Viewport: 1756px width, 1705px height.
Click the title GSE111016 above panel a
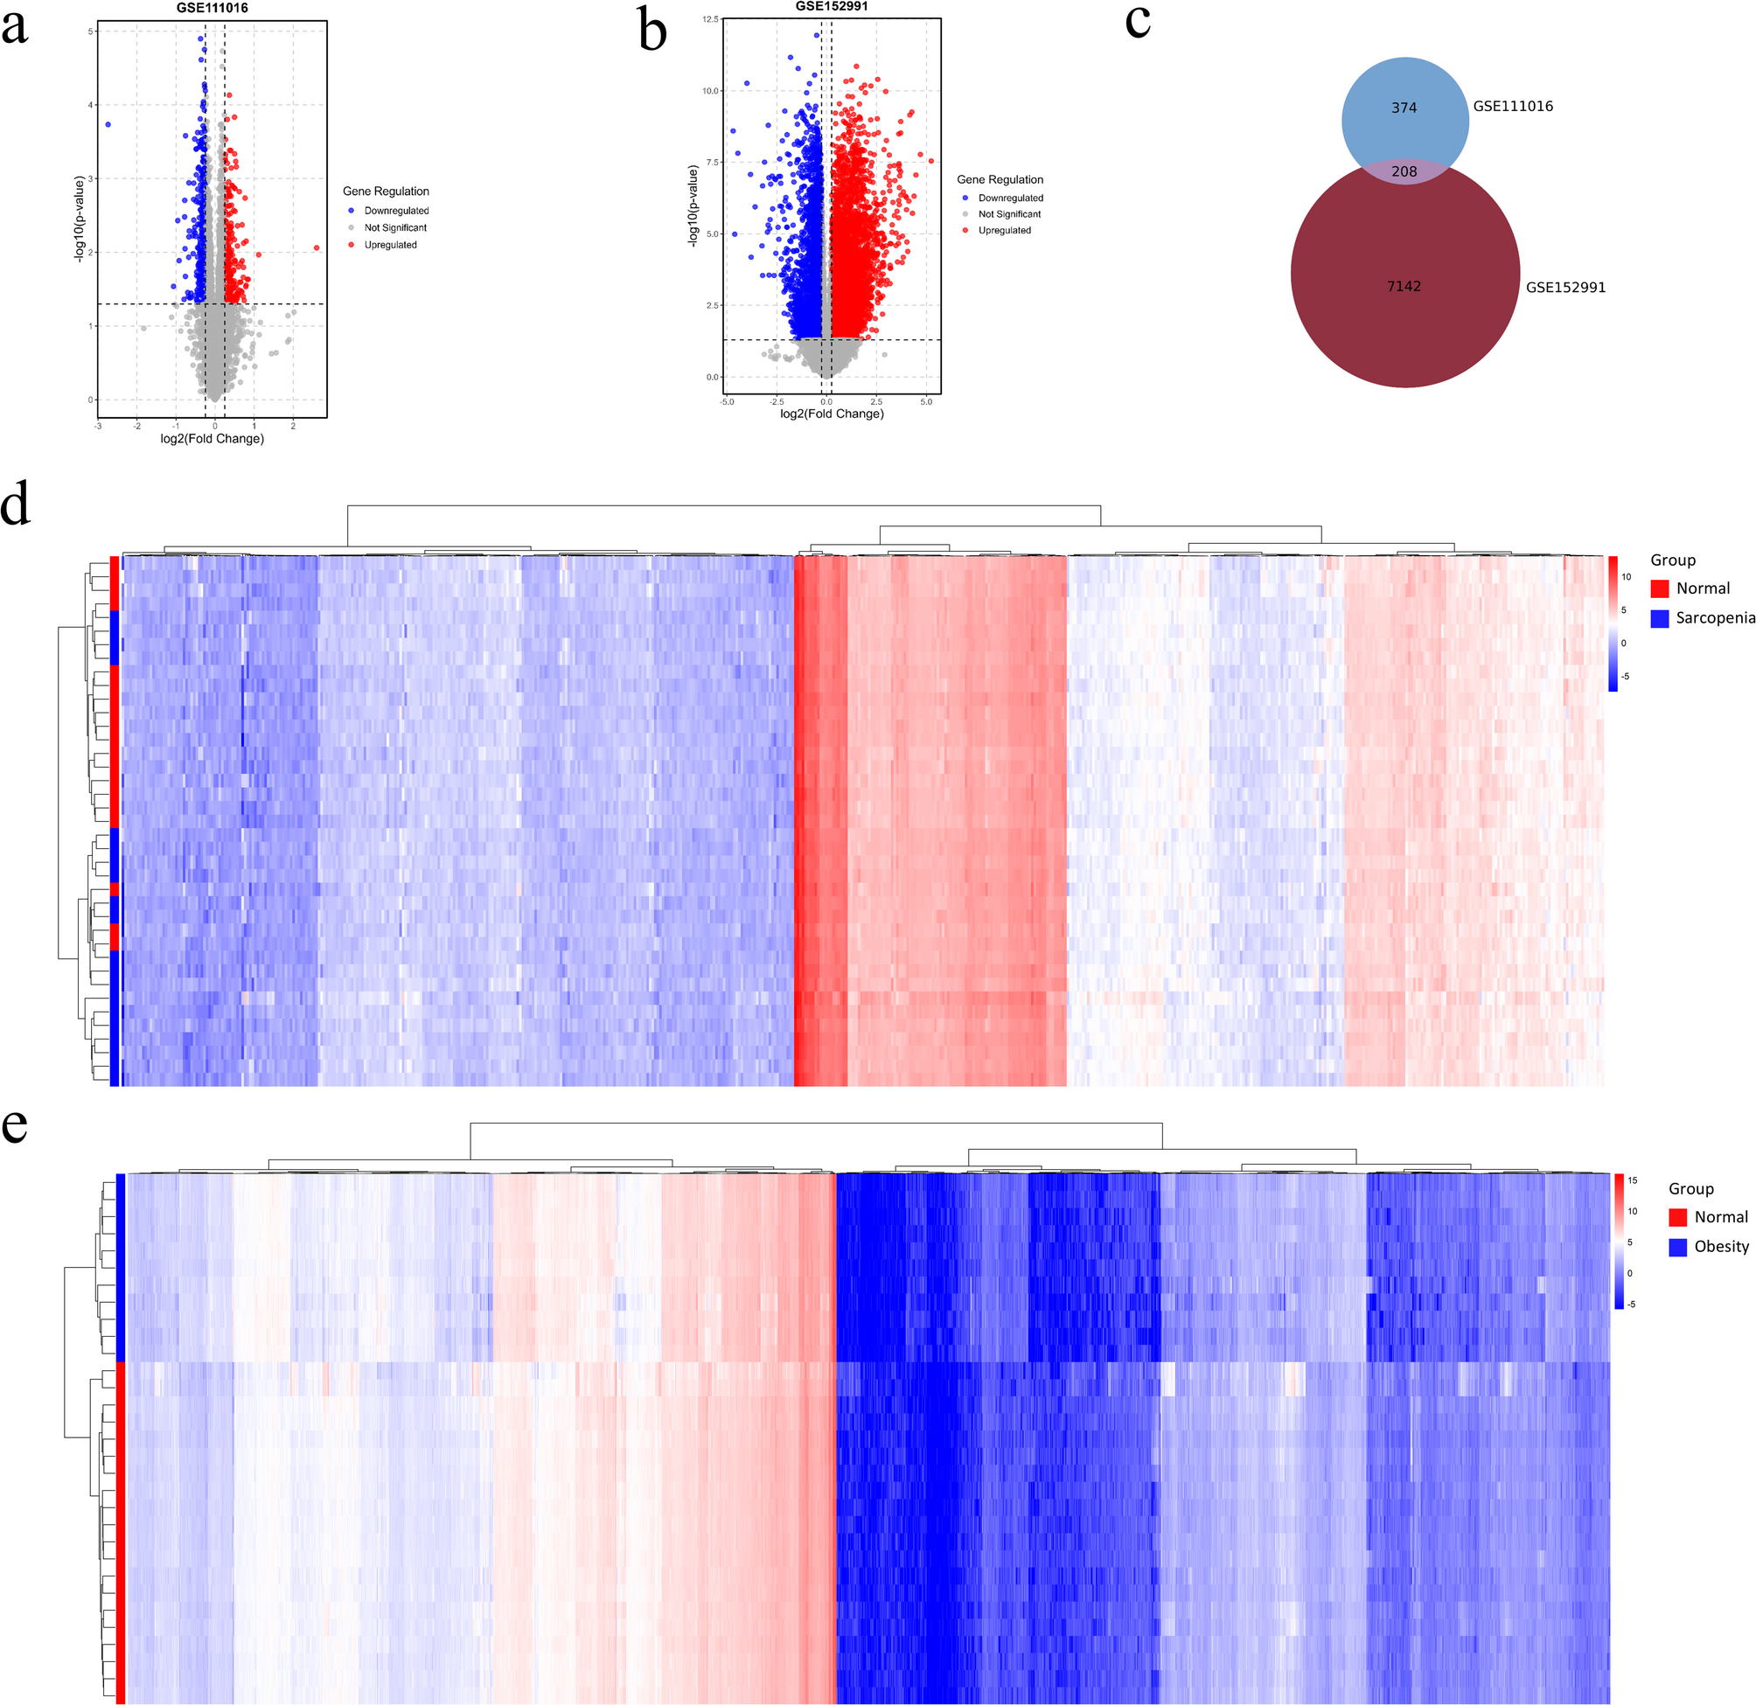pos(212,8)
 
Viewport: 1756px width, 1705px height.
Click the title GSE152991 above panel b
pos(832,6)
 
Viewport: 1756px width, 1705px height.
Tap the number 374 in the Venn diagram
pos(1404,108)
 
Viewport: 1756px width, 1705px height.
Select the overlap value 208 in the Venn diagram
pos(1404,171)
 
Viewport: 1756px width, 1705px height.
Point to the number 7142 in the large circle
pos(1404,286)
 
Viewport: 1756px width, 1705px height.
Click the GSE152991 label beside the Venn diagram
pos(1565,288)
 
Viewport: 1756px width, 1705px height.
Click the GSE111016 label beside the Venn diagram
pos(1512,106)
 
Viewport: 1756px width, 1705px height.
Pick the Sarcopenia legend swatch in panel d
pos(1659,618)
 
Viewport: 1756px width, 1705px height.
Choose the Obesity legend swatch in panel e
pos(1677,1246)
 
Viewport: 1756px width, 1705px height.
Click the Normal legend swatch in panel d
pos(1659,588)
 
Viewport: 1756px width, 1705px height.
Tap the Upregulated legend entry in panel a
pos(390,245)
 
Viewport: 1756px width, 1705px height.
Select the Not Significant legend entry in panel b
pos(1009,214)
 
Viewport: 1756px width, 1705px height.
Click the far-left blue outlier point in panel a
pos(108,124)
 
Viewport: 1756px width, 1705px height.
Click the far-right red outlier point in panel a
pos(317,247)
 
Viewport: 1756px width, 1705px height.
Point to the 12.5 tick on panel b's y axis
pos(710,19)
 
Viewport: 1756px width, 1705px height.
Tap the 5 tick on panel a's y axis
pos(90,31)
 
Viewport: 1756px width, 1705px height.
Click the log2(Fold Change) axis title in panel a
pos(212,439)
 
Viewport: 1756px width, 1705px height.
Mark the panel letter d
pos(15,505)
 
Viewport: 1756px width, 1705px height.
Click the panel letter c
pos(1137,22)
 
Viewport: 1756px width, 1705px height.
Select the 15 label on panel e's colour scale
pos(1633,1181)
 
